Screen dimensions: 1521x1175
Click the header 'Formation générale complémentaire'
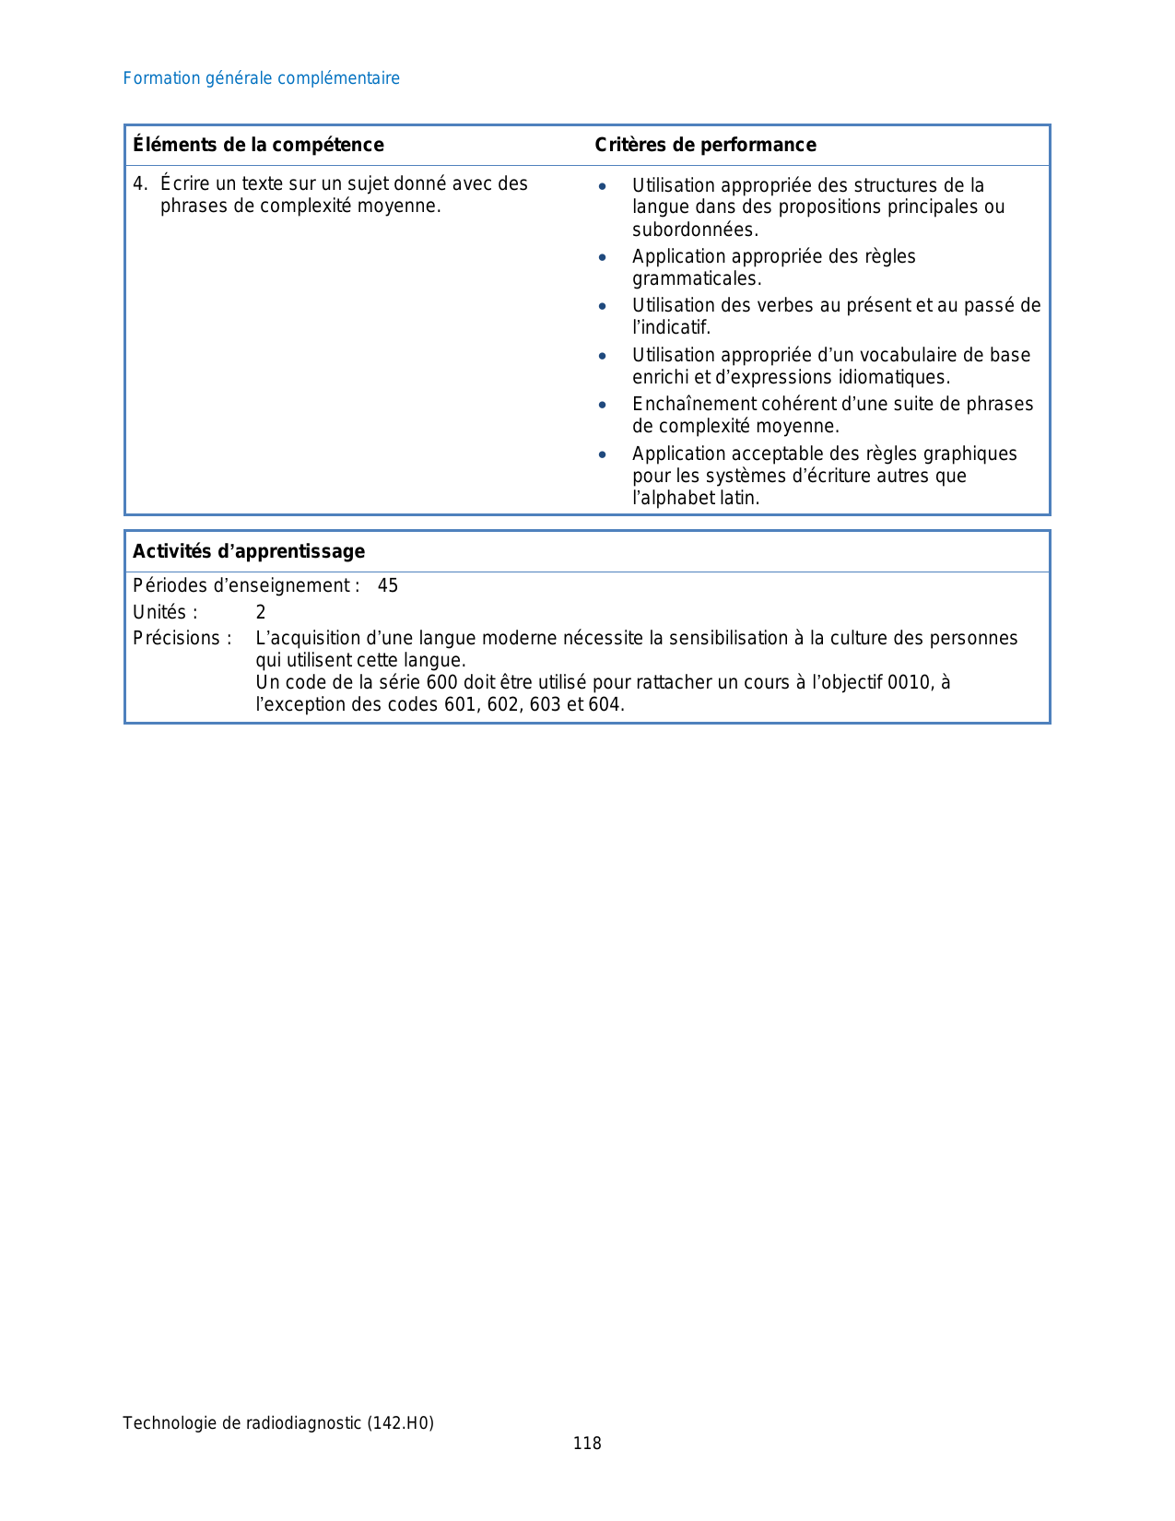tap(261, 78)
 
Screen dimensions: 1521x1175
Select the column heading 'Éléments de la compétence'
tap(258, 145)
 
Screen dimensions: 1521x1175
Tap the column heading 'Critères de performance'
tap(705, 145)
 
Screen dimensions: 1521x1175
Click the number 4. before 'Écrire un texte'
tap(139, 183)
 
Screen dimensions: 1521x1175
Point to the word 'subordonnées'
tap(694, 230)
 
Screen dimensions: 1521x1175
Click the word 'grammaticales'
tap(696, 278)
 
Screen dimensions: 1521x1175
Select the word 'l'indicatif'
tap(671, 327)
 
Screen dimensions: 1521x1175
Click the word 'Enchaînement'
tap(695, 404)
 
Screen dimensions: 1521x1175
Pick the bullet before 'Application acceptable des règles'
tap(602, 454)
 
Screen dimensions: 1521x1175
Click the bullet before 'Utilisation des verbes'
tap(602, 306)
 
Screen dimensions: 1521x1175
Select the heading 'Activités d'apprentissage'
tap(249, 551)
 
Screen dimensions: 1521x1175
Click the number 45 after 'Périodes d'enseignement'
tap(388, 585)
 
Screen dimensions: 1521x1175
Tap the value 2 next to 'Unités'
tap(261, 612)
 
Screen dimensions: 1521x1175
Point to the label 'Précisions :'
tap(182, 638)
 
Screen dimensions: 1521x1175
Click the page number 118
tap(587, 1444)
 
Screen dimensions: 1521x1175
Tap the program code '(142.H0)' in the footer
tap(400, 1423)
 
